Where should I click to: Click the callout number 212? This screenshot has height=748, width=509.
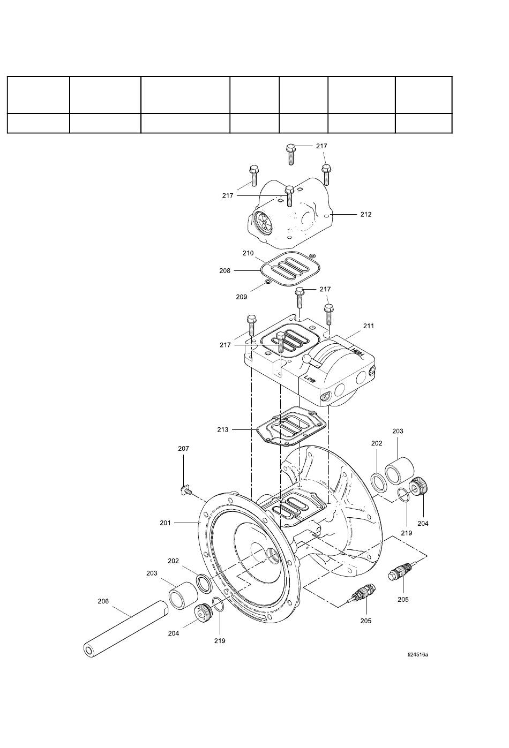click(x=365, y=214)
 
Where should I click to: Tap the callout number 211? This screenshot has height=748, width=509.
click(x=368, y=326)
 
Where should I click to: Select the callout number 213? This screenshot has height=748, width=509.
click(x=222, y=429)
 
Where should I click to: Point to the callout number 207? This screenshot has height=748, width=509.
click(x=183, y=449)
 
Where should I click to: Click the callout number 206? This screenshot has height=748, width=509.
click(x=103, y=601)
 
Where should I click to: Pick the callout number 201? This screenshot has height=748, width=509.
click(x=165, y=523)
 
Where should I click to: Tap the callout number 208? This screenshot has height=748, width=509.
click(x=224, y=271)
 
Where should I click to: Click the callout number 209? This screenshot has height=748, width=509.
click(x=241, y=297)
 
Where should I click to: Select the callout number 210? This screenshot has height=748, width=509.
click(x=248, y=253)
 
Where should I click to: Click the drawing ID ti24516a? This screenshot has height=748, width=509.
click(x=417, y=654)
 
